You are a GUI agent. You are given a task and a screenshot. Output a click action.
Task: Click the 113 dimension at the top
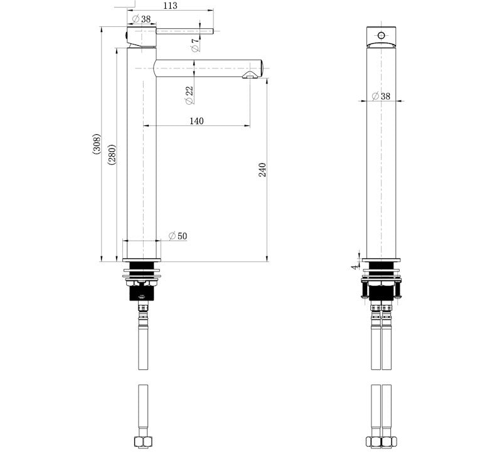click(169, 6)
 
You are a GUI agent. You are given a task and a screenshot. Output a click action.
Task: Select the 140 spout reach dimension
click(196, 121)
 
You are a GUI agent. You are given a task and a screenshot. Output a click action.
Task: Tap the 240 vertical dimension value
click(262, 170)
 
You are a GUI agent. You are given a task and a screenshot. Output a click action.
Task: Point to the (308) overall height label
click(96, 144)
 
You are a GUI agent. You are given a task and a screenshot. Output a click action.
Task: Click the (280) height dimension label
click(111, 154)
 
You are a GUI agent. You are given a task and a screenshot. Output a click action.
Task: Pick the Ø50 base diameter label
click(178, 236)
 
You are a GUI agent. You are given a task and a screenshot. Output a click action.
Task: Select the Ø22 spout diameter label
click(189, 95)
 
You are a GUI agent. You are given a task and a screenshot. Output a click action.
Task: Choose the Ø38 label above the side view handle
click(141, 19)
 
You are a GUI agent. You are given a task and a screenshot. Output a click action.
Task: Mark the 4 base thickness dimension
click(355, 266)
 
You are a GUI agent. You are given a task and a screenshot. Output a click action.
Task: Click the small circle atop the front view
click(381, 34)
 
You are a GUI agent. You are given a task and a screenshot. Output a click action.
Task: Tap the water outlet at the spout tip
click(250, 75)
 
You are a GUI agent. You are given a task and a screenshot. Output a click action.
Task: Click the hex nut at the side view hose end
click(142, 442)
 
